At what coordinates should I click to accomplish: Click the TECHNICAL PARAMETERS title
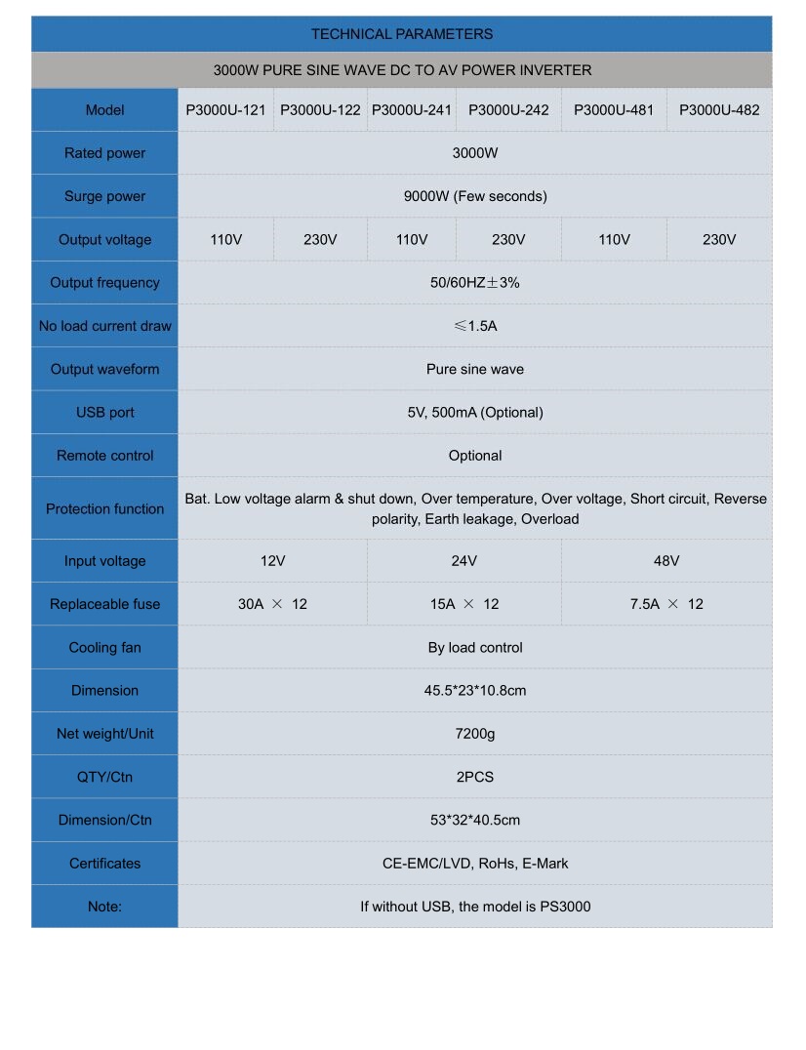click(x=401, y=34)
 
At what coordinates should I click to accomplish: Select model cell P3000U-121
click(x=225, y=110)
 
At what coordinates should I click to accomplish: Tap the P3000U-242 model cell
click(x=508, y=110)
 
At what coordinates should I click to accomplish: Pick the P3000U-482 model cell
click(x=719, y=110)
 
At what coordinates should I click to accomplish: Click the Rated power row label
click(x=104, y=153)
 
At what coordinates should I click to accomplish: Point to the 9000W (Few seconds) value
click(x=475, y=196)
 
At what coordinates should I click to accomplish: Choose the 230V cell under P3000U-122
click(x=320, y=240)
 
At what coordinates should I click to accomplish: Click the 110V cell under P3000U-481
click(x=614, y=240)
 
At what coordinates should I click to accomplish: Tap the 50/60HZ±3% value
click(x=475, y=283)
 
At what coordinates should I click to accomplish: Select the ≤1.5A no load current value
click(x=475, y=326)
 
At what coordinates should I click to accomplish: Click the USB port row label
click(x=104, y=413)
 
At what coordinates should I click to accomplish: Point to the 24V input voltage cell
click(x=464, y=561)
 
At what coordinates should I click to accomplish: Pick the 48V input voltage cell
click(x=666, y=561)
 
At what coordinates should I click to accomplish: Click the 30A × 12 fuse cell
click(x=272, y=604)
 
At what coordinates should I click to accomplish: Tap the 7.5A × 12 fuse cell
click(x=666, y=604)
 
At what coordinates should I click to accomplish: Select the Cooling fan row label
click(x=104, y=648)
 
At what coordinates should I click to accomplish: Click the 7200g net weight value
click(x=475, y=734)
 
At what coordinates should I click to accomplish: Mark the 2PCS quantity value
click(x=475, y=777)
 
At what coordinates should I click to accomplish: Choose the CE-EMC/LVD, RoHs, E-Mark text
click(x=475, y=864)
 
